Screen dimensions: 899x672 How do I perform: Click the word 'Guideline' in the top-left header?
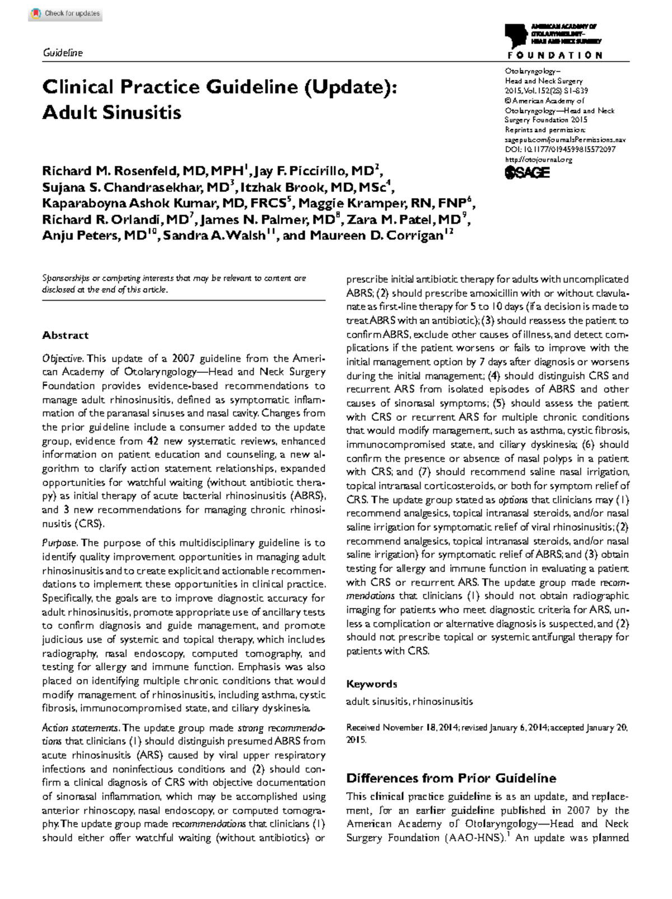(63, 53)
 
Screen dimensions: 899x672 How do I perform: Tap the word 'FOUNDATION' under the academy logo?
(555, 55)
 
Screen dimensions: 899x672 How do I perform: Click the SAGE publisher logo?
(528, 173)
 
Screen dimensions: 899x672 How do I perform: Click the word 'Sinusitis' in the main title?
(142, 113)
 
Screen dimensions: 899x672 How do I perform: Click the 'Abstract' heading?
(66, 335)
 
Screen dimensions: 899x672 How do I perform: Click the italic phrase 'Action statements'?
(80, 728)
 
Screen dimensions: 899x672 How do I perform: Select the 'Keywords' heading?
(371, 684)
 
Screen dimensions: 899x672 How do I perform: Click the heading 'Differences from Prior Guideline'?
(451, 778)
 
